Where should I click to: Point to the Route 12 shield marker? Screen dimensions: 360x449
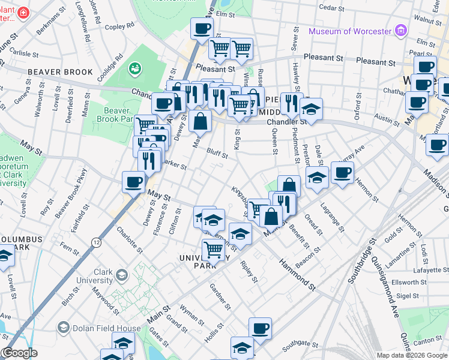pos(96,241)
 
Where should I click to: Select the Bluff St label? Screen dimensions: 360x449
pos(217,153)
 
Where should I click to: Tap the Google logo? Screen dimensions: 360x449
pos(19,353)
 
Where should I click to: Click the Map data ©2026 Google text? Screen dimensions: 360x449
pos(412,355)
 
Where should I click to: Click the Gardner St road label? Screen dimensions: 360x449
pos(220,296)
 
